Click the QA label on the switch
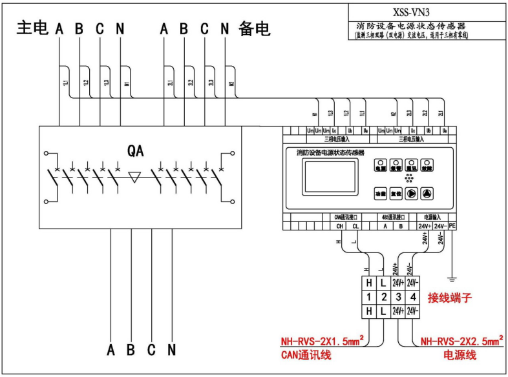(136, 150)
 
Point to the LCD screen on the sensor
(330, 178)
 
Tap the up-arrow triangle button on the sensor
(427, 192)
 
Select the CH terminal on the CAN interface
(339, 226)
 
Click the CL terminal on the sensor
(355, 226)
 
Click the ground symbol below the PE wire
(452, 280)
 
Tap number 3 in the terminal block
(399, 297)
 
